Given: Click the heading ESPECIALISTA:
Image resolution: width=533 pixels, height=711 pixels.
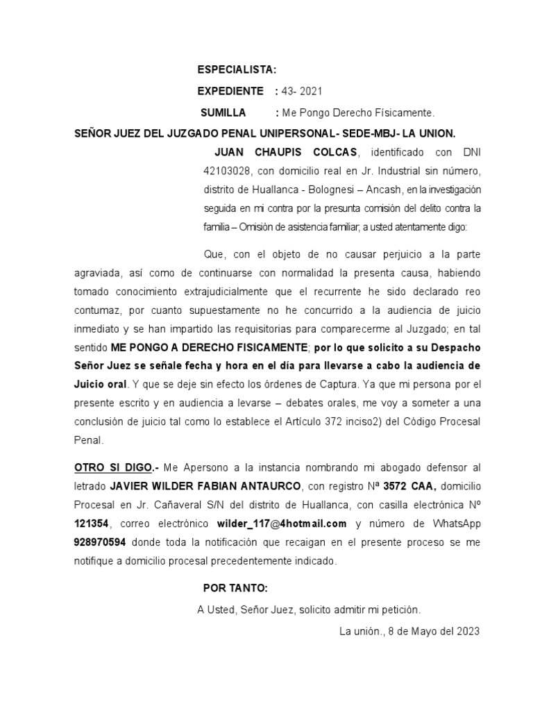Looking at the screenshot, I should click(237, 69).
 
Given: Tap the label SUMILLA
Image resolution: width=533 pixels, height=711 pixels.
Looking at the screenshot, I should click(223, 112).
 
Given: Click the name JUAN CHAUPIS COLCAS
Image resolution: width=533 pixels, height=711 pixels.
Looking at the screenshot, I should click(287, 152).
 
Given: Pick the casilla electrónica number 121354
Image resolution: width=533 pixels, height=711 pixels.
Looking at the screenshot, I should click(93, 524).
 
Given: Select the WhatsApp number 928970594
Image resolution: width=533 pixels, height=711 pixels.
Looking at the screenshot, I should click(99, 542).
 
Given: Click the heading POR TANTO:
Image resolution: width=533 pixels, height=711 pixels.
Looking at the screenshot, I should click(235, 587).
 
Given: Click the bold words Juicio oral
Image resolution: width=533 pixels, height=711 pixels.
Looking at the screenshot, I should click(100, 383).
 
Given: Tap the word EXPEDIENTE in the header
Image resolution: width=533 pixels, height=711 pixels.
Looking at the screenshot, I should click(230, 91).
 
